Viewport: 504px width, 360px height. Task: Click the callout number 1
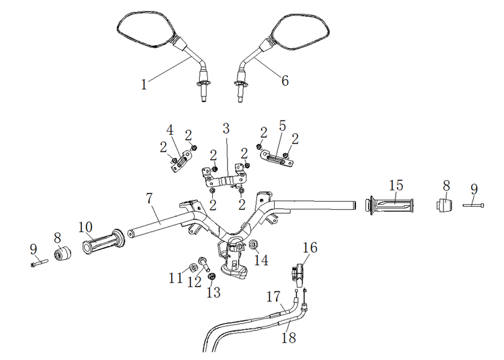point(144,84)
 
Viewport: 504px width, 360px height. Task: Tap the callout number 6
point(285,81)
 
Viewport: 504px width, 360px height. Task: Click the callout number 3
point(226,129)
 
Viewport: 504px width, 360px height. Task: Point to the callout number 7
point(149,199)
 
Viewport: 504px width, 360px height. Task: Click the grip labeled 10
point(104,242)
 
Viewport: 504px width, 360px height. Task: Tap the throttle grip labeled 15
point(390,206)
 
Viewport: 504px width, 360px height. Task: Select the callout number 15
point(396,185)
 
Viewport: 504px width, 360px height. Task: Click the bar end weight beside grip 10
point(62,253)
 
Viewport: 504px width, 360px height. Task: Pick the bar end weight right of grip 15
point(444,205)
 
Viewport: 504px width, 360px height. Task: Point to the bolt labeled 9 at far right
point(473,205)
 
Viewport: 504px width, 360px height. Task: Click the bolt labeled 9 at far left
point(39,263)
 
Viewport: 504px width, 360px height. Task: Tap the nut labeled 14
point(254,245)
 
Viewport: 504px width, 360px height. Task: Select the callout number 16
point(310,247)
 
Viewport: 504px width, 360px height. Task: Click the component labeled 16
point(298,274)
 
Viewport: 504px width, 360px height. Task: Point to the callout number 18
point(289,338)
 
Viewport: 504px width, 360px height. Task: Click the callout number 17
point(273,296)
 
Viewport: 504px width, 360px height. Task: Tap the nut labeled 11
point(193,267)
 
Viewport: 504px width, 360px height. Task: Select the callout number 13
point(214,293)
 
